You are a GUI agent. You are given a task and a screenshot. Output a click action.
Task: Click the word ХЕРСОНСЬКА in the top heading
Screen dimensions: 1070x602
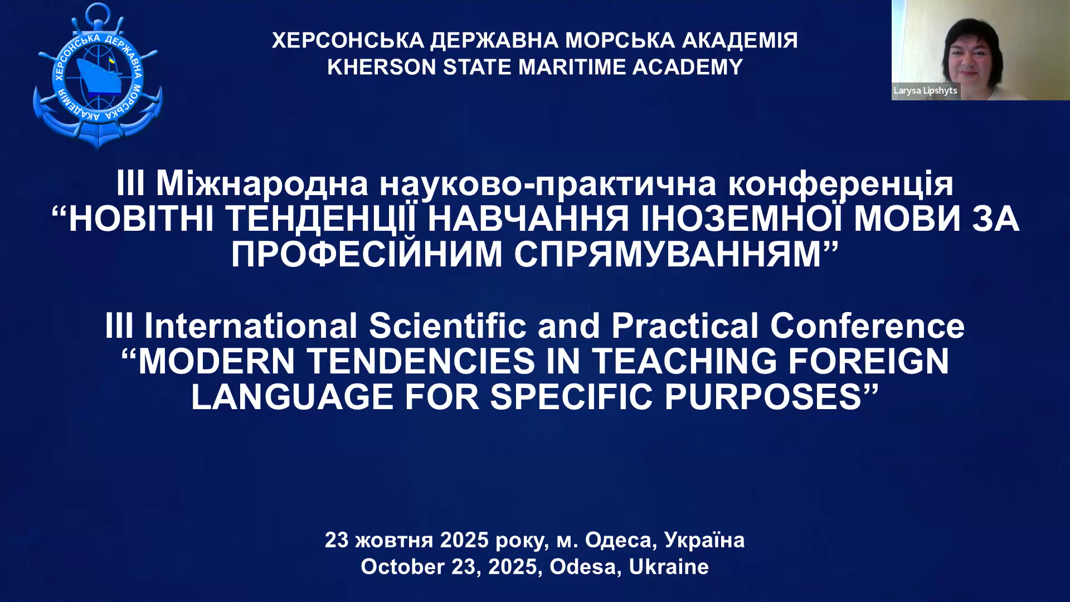coord(348,40)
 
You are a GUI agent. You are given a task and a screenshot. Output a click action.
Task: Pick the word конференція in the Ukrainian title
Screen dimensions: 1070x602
coord(841,184)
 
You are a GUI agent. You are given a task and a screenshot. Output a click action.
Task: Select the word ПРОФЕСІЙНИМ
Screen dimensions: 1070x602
coord(367,254)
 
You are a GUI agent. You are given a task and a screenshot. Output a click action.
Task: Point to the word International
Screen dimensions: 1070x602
coord(251,326)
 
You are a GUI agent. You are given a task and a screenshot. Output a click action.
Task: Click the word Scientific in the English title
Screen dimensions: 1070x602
coord(448,326)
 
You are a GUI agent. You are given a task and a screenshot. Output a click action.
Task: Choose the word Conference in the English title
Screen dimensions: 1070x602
coord(867,326)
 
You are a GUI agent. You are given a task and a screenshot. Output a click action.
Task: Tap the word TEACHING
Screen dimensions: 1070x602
coord(684,361)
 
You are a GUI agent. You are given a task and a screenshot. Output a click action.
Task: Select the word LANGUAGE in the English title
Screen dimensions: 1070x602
coord(292,397)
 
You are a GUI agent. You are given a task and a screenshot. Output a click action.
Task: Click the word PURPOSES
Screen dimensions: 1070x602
coord(763,397)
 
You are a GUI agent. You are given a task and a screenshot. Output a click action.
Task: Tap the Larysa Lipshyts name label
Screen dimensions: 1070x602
coord(925,91)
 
